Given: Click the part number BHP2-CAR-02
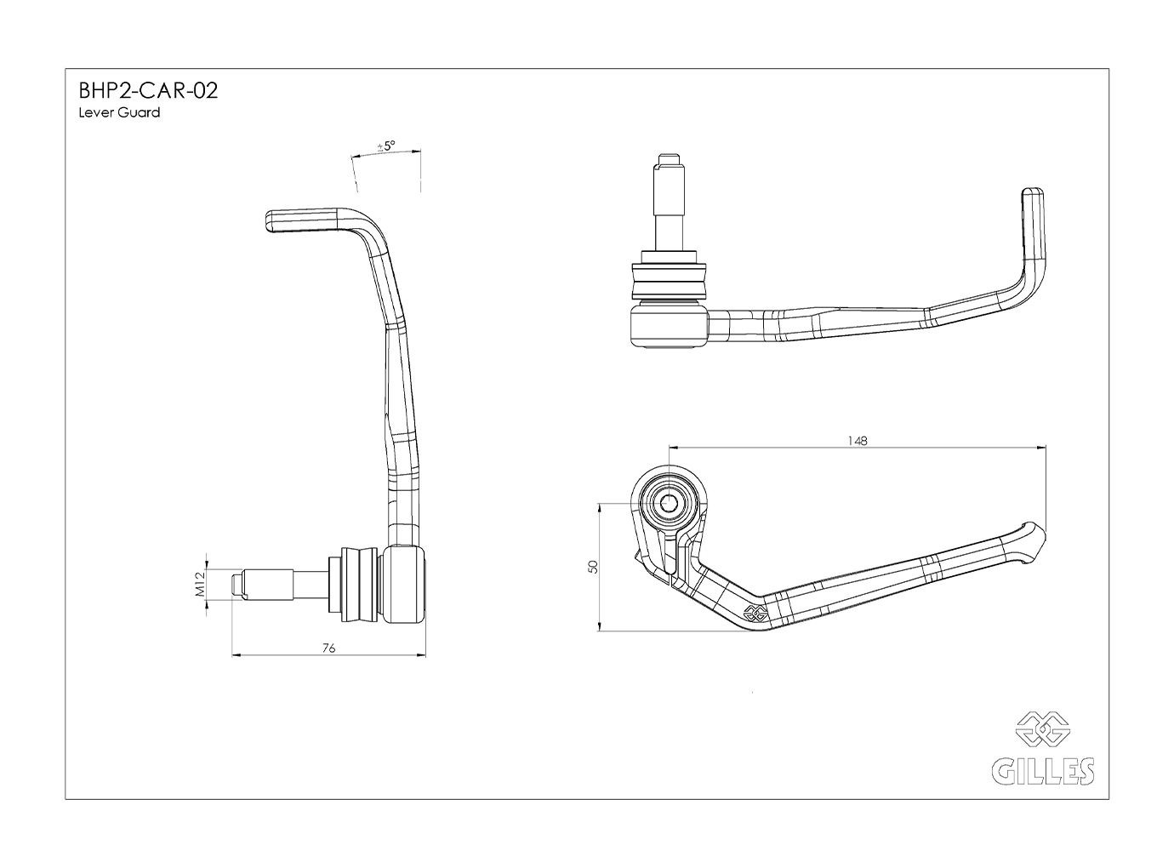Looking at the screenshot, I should pos(148,90).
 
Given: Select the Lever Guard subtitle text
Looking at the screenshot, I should pos(118,112).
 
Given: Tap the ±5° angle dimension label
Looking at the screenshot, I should pos(386,146).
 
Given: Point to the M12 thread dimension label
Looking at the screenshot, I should pos(201,585).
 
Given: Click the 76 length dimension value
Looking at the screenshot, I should pos(329,648).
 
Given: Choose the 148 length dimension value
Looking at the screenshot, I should pos(858,441).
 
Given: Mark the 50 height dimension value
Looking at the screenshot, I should pos(593,567).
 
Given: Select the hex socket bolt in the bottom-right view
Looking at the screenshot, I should pos(668,504).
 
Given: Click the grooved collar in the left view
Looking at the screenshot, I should pos(358,584).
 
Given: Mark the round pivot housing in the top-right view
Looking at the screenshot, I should pos(668,327).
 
